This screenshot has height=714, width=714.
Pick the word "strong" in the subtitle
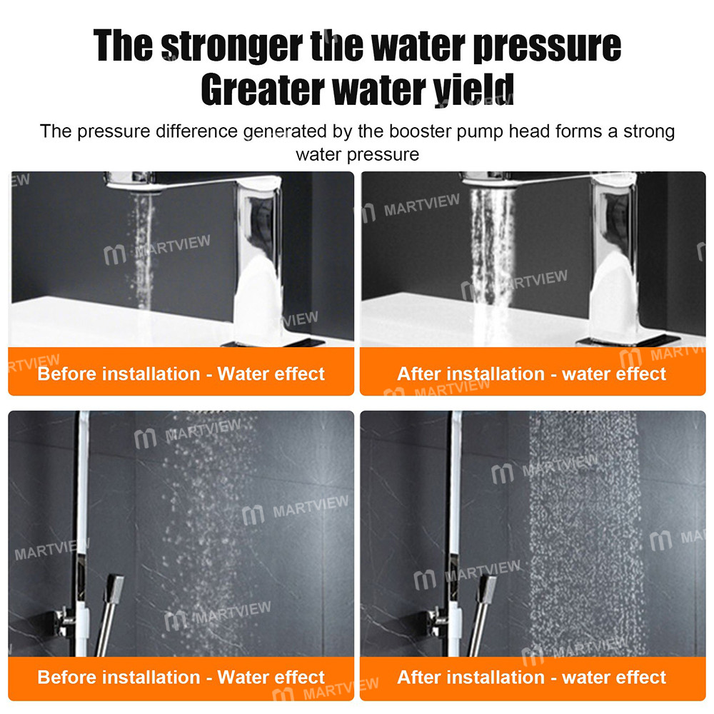[645, 131]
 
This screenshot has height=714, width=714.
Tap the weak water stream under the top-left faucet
[143, 243]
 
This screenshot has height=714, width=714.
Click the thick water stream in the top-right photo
[491, 250]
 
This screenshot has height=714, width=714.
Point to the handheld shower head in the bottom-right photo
[488, 589]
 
